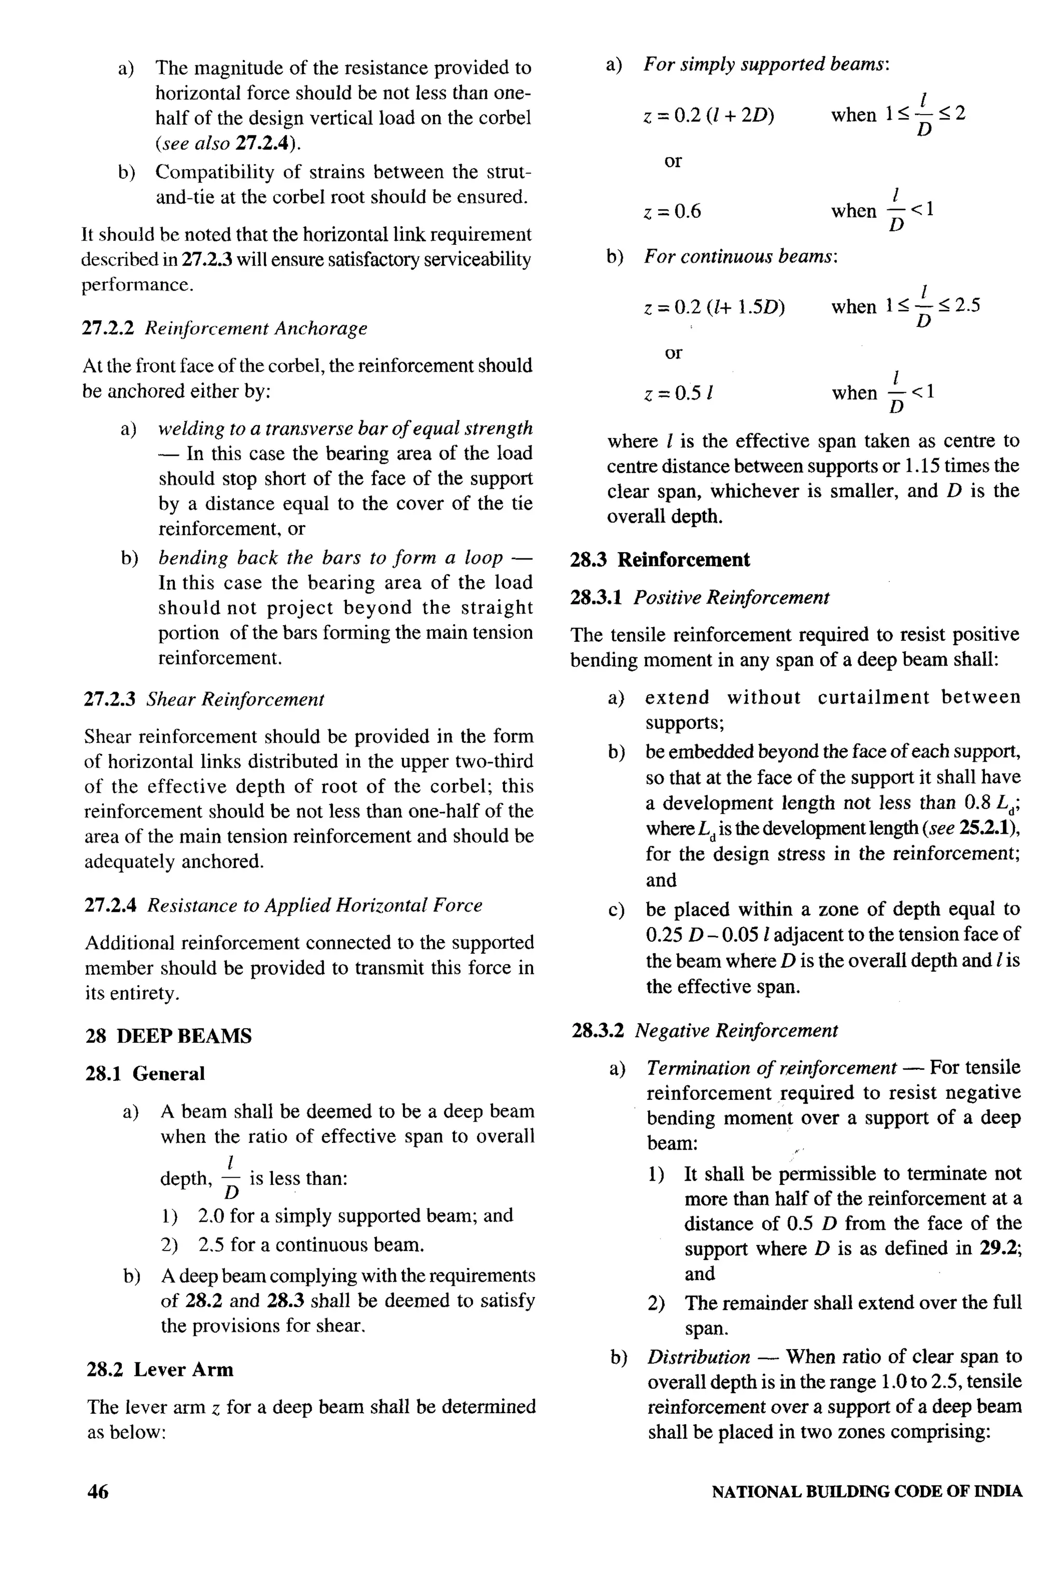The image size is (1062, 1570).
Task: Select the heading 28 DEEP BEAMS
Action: click(x=169, y=1036)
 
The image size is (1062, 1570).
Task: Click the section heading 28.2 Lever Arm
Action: click(x=160, y=1369)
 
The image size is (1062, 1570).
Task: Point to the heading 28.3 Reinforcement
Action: click(x=660, y=559)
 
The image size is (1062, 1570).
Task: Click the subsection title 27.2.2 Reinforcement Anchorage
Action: click(x=225, y=328)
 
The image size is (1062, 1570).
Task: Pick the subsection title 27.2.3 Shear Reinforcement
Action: click(x=204, y=699)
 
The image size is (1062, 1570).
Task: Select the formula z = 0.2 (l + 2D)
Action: click(x=708, y=116)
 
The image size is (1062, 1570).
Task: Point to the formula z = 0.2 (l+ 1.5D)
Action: click(x=714, y=307)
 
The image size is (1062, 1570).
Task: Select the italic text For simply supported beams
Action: click(x=765, y=65)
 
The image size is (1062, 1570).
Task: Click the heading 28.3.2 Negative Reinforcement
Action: click(x=704, y=1031)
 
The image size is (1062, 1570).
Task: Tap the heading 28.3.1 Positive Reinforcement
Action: click(x=700, y=598)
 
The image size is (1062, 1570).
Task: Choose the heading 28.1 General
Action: click(x=145, y=1073)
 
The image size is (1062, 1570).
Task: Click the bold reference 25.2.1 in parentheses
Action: click(x=988, y=828)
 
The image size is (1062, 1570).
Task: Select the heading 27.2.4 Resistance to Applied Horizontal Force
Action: click(x=283, y=905)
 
